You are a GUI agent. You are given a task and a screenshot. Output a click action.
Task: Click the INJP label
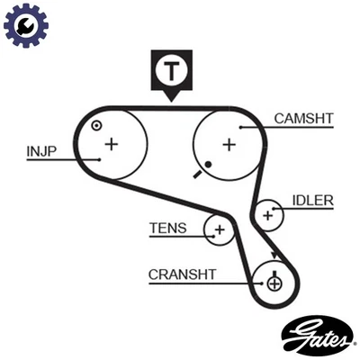coord(42,151)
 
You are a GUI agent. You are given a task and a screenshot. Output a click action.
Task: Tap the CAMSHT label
coord(302,117)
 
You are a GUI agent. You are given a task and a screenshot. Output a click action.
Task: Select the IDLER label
coord(313,200)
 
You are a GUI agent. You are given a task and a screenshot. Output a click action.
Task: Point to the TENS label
coord(168,228)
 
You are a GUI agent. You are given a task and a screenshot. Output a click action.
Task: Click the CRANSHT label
coord(180,274)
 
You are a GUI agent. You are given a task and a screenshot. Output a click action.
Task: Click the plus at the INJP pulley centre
coord(111,143)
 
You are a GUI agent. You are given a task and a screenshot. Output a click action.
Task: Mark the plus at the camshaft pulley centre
coord(229,143)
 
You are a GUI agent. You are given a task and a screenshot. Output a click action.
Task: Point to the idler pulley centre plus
coord(267,214)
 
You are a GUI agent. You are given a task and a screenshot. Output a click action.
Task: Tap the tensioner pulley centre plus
coord(219,230)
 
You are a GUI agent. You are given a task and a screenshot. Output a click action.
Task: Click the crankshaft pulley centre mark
coord(274,283)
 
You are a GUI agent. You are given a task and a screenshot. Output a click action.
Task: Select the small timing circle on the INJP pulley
coord(95,125)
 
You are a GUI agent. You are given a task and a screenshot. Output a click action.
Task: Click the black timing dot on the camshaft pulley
coord(208,164)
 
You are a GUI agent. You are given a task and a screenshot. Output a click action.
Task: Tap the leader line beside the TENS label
coord(198,230)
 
